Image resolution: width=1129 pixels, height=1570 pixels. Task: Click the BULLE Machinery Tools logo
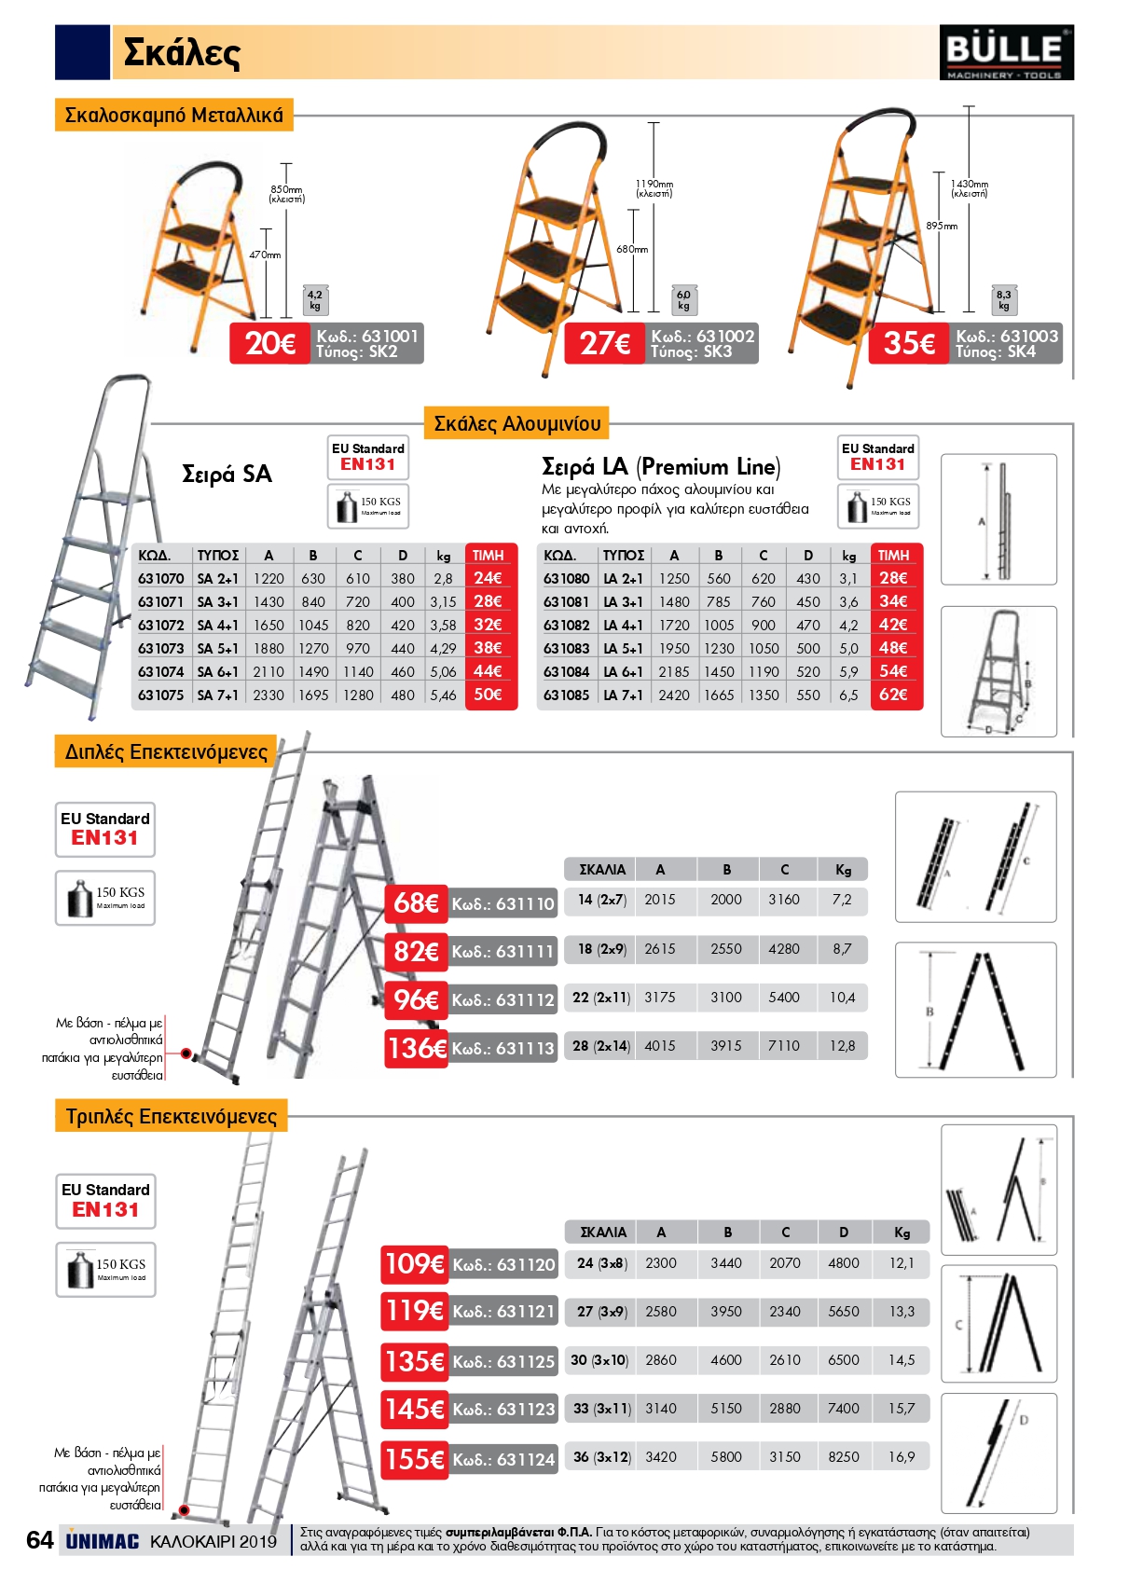1006,52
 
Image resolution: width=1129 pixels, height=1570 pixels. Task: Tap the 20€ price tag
270,343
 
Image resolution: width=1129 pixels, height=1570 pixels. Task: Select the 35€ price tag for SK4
909,343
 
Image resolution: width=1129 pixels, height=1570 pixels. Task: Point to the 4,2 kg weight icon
315,300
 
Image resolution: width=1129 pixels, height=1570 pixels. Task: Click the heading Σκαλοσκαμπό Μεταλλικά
174,116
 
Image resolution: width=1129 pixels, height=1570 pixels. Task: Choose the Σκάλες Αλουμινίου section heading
516,424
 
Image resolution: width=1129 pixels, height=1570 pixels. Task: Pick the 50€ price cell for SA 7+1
488,695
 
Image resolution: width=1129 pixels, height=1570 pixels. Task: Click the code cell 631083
567,648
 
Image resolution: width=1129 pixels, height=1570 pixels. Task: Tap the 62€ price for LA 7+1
893,695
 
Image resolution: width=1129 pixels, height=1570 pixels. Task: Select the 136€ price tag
417,1048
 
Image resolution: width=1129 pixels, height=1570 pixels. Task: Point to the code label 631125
503,1361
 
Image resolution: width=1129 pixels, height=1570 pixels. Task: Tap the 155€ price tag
414,1458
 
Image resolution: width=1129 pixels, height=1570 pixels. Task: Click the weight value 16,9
902,1457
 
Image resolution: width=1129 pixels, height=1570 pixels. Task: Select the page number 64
39,1540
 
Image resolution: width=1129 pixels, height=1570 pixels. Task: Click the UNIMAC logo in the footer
103,1541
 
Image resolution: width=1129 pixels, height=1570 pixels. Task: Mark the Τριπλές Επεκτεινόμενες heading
172,1116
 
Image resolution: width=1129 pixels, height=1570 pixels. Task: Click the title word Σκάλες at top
182,52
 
